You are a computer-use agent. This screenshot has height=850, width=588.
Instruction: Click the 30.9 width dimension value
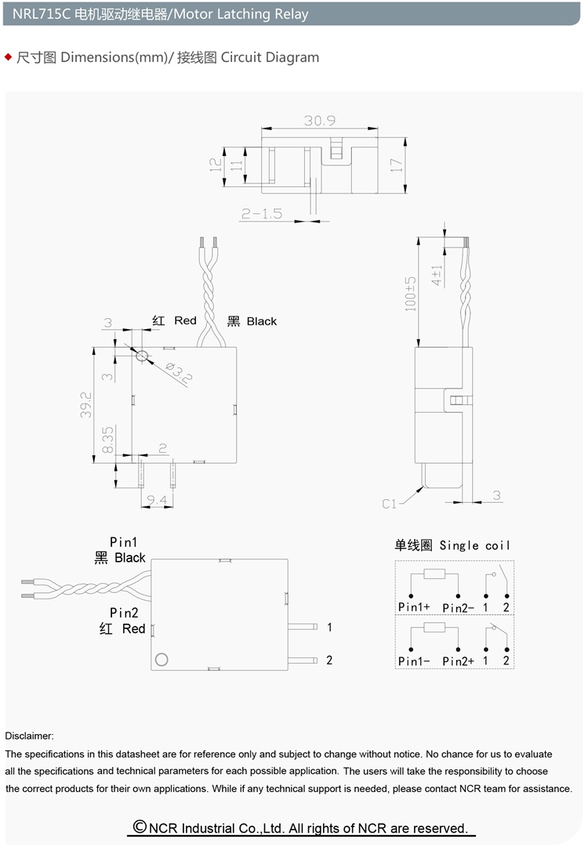coord(320,120)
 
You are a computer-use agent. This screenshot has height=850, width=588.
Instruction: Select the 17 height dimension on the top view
coord(397,165)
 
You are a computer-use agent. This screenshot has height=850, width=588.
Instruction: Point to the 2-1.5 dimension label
coord(262,214)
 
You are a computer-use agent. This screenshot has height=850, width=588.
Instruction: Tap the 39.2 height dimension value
coord(85,404)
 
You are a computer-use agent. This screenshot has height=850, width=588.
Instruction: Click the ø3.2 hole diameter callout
coord(179,372)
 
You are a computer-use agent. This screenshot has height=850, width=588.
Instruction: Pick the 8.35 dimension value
coord(107,439)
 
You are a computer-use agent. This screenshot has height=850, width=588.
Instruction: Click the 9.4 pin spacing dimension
coord(157,499)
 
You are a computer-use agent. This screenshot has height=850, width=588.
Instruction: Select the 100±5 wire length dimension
coord(410,293)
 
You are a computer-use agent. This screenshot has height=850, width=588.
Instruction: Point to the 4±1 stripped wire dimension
coord(437,276)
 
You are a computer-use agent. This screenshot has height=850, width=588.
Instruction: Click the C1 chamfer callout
coord(390,504)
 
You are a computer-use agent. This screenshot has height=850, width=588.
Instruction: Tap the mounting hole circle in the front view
coord(142,356)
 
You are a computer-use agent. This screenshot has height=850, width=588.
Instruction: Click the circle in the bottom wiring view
coord(162,659)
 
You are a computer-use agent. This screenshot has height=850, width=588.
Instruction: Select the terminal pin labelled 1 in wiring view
coord(303,628)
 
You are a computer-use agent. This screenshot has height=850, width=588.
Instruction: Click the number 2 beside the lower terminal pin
coord(328,660)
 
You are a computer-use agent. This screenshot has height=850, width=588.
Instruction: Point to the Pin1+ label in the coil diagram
coord(414,607)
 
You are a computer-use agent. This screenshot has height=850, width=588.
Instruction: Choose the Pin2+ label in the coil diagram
coord(459,661)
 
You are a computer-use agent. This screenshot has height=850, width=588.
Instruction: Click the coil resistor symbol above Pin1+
coord(434,573)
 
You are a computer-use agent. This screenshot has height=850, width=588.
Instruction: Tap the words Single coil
coord(474,545)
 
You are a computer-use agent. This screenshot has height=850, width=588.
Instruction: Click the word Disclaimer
coord(29,736)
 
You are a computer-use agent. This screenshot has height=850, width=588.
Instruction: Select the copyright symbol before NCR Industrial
coord(140,826)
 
